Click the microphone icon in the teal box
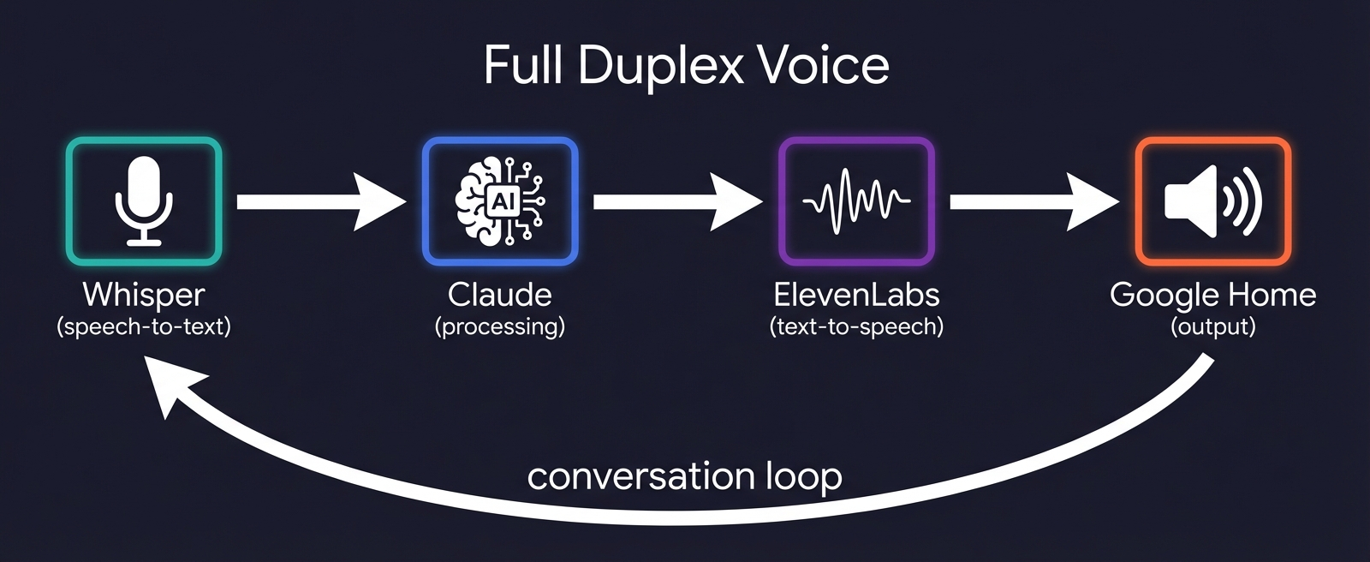(144, 201)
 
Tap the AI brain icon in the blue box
(500, 201)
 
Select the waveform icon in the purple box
(856, 201)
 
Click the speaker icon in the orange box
(1212, 201)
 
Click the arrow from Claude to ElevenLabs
(677, 202)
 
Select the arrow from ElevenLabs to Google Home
(1033, 202)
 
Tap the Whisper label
(144, 295)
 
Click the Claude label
(500, 295)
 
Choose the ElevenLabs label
(856, 295)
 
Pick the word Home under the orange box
(1275, 295)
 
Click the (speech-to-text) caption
(144, 326)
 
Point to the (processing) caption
(500, 326)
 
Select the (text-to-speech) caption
(856, 326)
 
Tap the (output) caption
(1212, 326)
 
